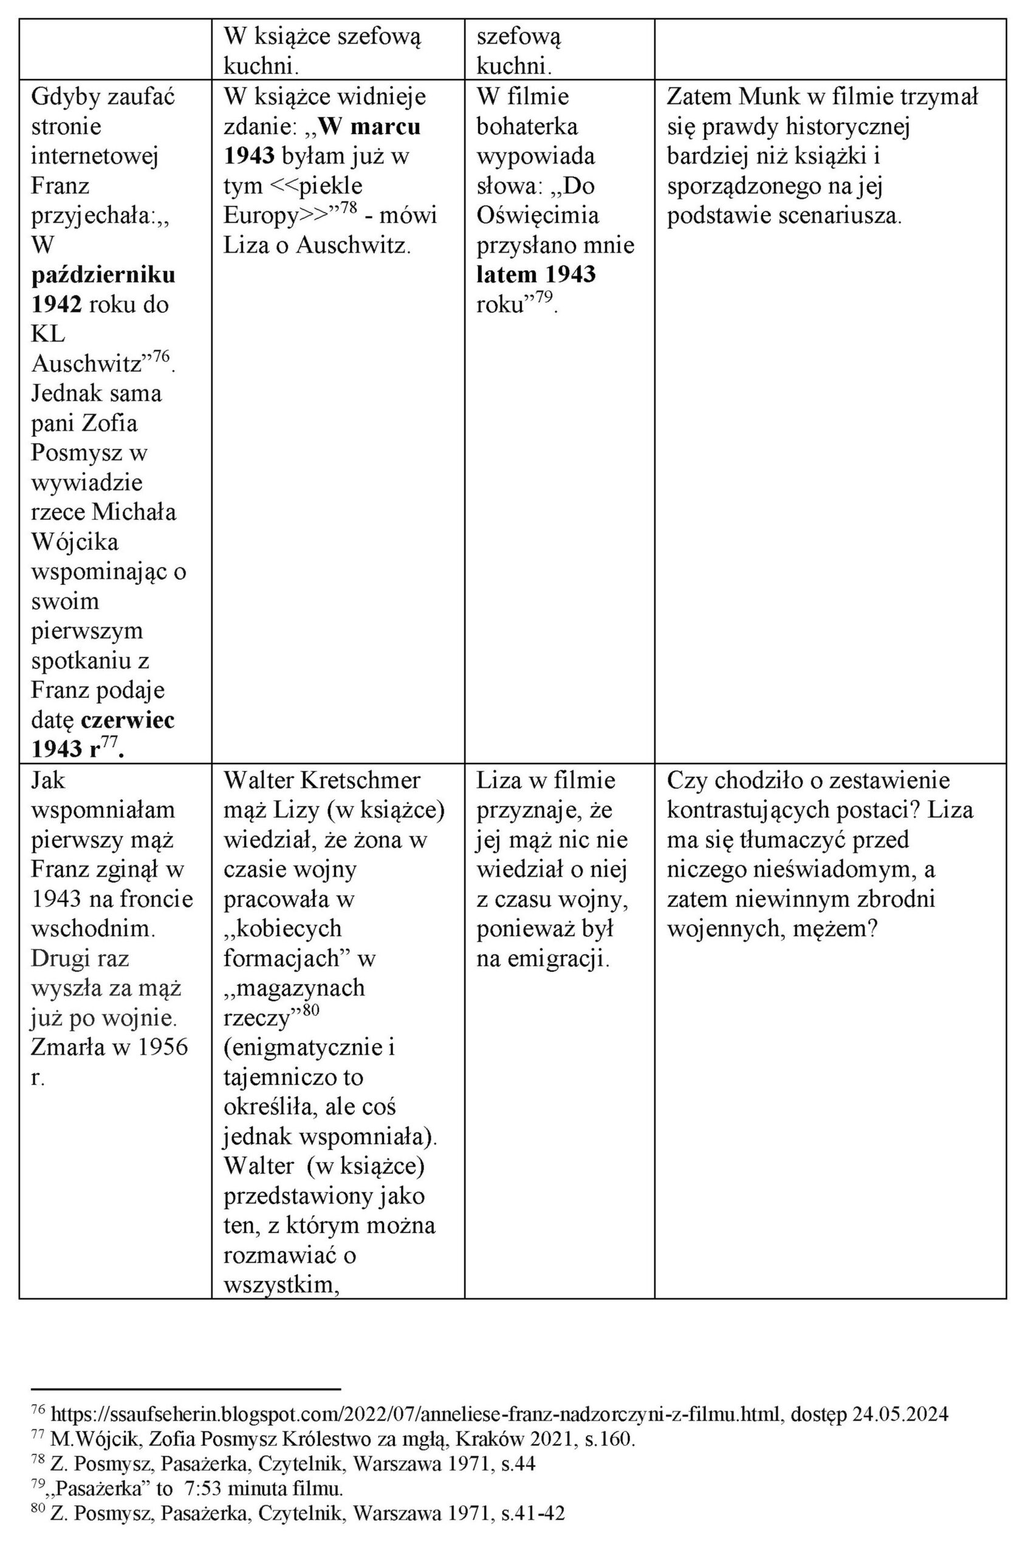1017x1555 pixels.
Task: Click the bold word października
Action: pyautogui.click(x=103, y=275)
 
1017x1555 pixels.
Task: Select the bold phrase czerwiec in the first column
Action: pyautogui.click(x=128, y=719)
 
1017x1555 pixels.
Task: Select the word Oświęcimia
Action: pyautogui.click(x=537, y=215)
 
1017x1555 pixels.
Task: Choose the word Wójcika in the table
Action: pyautogui.click(x=75, y=542)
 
